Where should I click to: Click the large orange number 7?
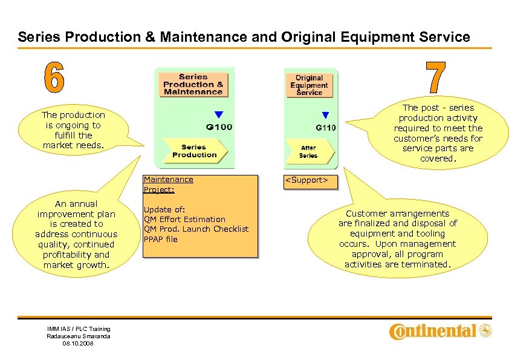(x=436, y=78)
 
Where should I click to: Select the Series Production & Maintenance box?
(x=193, y=84)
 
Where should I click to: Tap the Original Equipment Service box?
(x=309, y=85)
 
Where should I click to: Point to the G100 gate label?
(x=219, y=127)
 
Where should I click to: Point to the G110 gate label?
(x=325, y=128)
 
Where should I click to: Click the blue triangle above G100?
(x=219, y=114)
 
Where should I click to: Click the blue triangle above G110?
(x=325, y=115)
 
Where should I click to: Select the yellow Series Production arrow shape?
(x=194, y=151)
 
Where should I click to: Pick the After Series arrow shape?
(x=308, y=152)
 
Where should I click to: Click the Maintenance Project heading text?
(x=168, y=184)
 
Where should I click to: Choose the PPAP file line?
(x=160, y=239)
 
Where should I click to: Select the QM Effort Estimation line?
(x=184, y=219)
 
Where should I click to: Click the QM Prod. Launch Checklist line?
(x=195, y=229)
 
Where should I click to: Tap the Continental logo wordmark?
(x=433, y=331)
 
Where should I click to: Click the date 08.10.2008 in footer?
(x=79, y=343)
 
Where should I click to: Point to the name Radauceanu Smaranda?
(x=79, y=336)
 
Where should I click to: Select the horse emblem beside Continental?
(x=485, y=330)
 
